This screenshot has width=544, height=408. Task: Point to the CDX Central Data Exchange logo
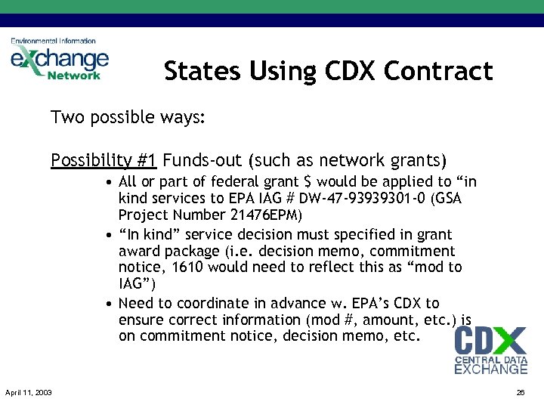click(490, 350)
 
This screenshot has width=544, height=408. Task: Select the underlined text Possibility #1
click(104, 160)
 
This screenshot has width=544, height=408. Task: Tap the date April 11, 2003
click(28, 392)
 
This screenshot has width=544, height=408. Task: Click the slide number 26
click(520, 392)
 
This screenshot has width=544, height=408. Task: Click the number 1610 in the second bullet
click(188, 267)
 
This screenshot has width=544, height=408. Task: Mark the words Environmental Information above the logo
click(53, 41)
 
